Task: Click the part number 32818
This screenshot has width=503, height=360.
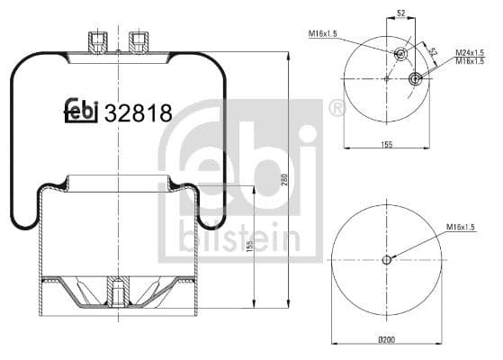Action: coord(138,113)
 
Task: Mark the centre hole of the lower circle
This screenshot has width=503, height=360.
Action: coord(386,260)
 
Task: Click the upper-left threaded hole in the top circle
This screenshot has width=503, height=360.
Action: coord(401,52)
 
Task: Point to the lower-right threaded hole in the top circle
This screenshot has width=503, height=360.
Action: coord(416,79)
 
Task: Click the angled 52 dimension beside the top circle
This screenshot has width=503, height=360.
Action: coord(433,52)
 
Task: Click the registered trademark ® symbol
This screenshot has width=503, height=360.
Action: coord(336,110)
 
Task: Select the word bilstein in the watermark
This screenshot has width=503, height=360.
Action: coord(239,235)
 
